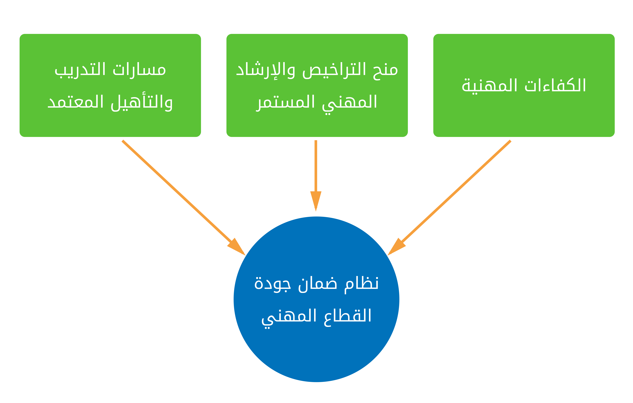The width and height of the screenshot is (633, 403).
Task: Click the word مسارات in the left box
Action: pyautogui.click(x=139, y=70)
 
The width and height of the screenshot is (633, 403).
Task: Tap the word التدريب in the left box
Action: pyautogui.click(x=80, y=70)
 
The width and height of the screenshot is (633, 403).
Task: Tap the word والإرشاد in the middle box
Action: pyautogui.click(x=266, y=70)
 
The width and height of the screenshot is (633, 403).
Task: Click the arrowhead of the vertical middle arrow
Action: pyautogui.click(x=316, y=201)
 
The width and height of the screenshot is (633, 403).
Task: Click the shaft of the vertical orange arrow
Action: pyautogui.click(x=316, y=166)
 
